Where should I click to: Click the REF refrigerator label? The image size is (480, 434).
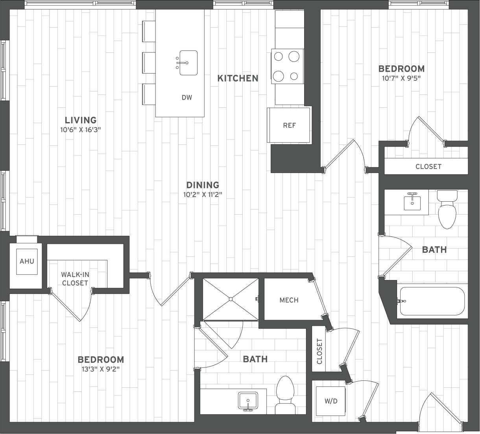pyautogui.click(x=289, y=126)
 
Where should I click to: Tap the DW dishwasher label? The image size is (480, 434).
pyautogui.click(x=187, y=97)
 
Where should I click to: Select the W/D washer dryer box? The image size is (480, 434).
pyautogui.click(x=331, y=401)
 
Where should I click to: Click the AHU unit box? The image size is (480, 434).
pyautogui.click(x=27, y=261)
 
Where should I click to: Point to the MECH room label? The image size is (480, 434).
pyautogui.click(x=289, y=300)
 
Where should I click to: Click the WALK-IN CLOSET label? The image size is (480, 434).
pyautogui.click(x=75, y=278)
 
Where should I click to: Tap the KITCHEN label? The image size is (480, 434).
pyautogui.click(x=238, y=78)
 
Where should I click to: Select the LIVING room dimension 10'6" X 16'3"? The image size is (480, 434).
pyautogui.click(x=81, y=130)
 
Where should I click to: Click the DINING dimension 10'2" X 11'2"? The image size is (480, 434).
pyautogui.click(x=202, y=194)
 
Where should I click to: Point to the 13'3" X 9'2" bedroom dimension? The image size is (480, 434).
pyautogui.click(x=101, y=369)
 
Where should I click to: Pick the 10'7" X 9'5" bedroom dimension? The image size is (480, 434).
pyautogui.click(x=401, y=78)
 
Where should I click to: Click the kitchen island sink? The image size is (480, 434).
pyautogui.click(x=188, y=63)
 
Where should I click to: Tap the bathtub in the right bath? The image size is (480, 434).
pyautogui.click(x=432, y=301)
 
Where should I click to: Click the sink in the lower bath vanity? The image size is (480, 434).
pyautogui.click(x=248, y=401)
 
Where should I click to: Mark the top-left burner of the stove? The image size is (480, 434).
pyautogui.click(x=279, y=57)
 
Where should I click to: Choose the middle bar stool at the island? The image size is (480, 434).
pyautogui.click(x=149, y=63)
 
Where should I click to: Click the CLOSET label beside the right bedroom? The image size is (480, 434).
pyautogui.click(x=428, y=167)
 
